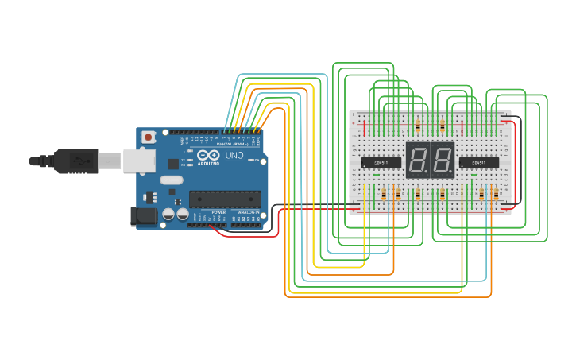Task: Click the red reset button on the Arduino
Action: click(x=148, y=137)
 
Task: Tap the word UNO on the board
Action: click(x=234, y=156)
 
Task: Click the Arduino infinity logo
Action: click(x=207, y=155)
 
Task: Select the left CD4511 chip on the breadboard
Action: click(x=381, y=162)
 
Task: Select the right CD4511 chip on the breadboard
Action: click(x=479, y=162)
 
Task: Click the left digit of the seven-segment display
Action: click(x=418, y=161)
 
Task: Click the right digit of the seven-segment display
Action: click(x=441, y=161)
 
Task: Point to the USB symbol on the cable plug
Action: click(x=79, y=160)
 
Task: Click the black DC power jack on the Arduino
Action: click(x=143, y=215)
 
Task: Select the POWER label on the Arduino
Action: click(x=219, y=213)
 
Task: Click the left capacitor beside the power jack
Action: click(x=169, y=214)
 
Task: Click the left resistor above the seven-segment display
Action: click(x=418, y=126)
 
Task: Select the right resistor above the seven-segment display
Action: click(x=442, y=126)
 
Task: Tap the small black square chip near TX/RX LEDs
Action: click(x=173, y=164)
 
